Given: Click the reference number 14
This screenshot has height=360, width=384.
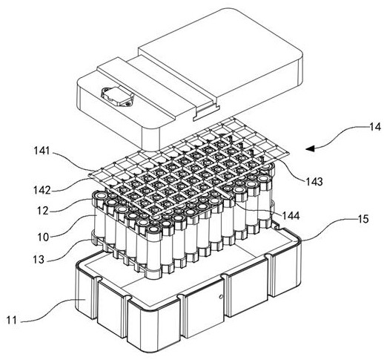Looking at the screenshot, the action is [375, 127].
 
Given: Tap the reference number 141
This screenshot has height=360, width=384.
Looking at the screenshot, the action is [42, 151].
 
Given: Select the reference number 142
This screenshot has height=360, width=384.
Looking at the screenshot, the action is [42, 190].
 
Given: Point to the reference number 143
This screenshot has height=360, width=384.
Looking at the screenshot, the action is [314, 182].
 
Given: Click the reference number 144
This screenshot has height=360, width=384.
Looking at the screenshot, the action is [291, 216].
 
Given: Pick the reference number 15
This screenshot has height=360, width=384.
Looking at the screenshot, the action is [363, 219].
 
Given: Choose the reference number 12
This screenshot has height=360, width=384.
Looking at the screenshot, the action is [43, 211].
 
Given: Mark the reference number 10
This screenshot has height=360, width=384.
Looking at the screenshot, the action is [43, 238].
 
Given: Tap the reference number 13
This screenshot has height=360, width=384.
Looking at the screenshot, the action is [39, 259].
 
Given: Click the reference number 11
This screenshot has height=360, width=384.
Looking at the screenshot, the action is [11, 321].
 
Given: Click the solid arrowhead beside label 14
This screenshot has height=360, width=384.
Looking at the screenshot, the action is [310, 148].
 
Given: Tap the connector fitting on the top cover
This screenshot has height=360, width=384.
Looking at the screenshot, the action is [117, 96].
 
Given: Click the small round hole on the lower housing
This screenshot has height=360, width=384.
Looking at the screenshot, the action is [222, 296].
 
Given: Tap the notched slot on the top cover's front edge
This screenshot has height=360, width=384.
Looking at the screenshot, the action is [207, 113].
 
